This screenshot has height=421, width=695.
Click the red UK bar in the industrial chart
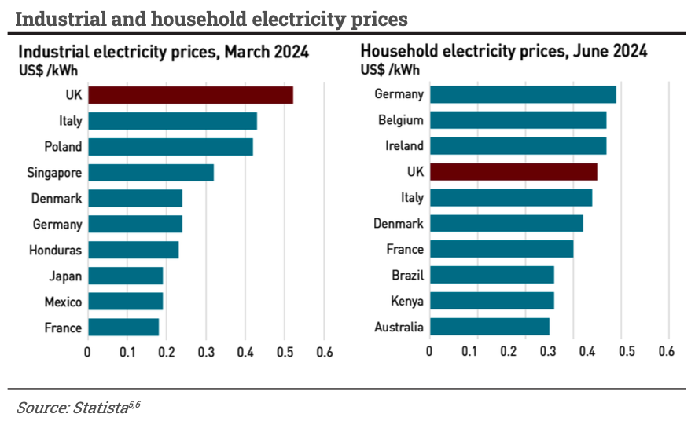(190, 95)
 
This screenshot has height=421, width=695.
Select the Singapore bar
(150, 173)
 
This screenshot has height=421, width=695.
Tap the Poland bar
(170, 147)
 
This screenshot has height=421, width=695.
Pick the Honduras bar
(133, 250)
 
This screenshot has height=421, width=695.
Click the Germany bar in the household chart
(523, 95)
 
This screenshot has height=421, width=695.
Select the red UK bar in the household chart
(513, 172)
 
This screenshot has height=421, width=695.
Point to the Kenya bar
(491, 301)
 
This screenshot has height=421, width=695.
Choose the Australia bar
(489, 327)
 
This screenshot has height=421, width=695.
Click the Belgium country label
(400, 120)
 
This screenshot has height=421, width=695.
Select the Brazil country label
(407, 276)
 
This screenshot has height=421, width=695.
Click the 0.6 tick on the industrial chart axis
(324, 352)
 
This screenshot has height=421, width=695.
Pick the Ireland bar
(518, 146)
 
